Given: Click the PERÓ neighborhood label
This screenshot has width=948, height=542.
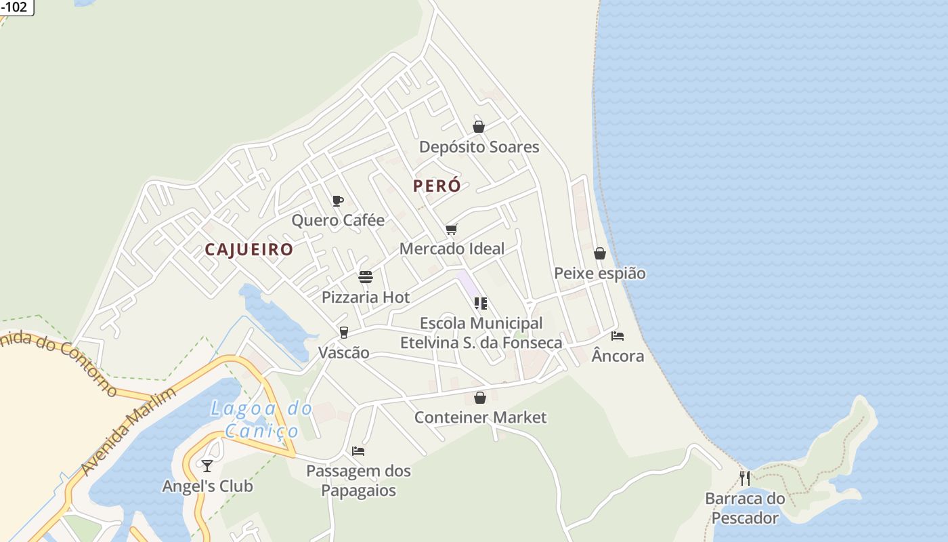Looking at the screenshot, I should (x=437, y=186).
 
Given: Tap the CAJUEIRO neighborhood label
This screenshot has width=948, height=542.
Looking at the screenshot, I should (x=249, y=249).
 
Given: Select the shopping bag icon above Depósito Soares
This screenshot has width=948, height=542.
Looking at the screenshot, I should (x=479, y=127).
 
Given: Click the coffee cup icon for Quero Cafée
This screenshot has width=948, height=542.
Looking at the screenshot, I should (x=338, y=201).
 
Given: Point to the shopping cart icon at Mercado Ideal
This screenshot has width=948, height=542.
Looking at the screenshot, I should (x=452, y=229).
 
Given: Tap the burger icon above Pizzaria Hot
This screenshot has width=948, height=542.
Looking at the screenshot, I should (x=366, y=277).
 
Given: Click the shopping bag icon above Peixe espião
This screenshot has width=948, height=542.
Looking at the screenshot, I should (x=600, y=253).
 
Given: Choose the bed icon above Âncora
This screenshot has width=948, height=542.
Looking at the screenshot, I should (x=618, y=335).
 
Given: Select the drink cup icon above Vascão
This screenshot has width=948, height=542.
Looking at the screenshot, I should (x=344, y=333).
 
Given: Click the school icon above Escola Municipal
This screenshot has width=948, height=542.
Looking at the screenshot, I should (x=481, y=304).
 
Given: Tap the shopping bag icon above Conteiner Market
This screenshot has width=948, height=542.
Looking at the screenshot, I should (x=480, y=398).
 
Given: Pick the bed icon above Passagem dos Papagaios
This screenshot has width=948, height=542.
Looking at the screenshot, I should (x=358, y=451).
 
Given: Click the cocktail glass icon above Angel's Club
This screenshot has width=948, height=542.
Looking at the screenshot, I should (x=207, y=466).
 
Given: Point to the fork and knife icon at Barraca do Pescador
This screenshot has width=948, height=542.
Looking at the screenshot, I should (x=745, y=478).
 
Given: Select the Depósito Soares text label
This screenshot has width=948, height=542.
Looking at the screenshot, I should (x=479, y=147).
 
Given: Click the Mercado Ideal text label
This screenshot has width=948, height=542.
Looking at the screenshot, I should (x=452, y=249).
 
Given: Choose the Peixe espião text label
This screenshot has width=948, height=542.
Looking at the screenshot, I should (x=600, y=274).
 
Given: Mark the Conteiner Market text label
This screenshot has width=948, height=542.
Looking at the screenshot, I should (x=480, y=417).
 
